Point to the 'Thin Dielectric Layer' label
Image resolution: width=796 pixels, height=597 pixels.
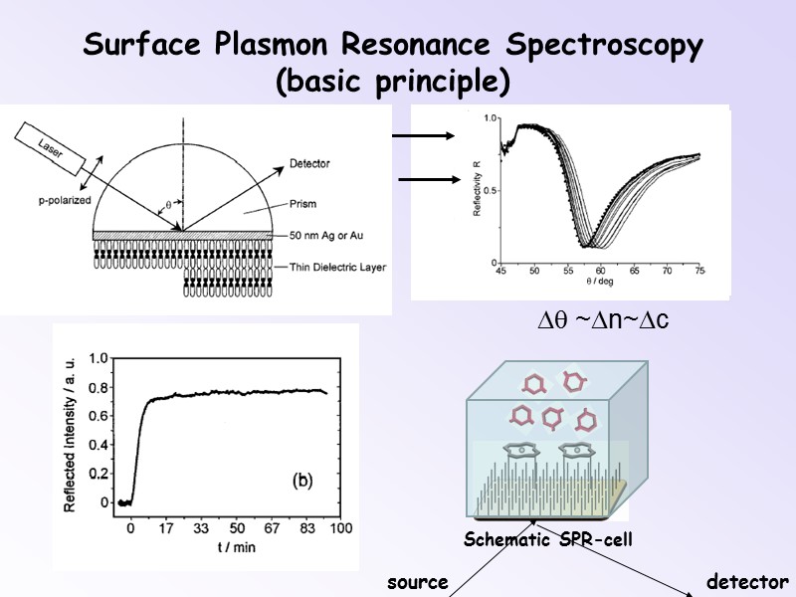[336, 267]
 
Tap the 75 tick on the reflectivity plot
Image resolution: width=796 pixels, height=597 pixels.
[699, 271]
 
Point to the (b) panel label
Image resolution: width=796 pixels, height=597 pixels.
[301, 481]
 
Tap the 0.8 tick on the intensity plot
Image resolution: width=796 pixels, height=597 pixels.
[99, 388]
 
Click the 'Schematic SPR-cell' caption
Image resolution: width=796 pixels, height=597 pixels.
[548, 540]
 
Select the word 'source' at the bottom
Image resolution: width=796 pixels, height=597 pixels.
[418, 582]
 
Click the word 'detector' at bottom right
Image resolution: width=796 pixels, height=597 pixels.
[746, 582]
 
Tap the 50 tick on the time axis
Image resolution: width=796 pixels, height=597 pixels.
[236, 527]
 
